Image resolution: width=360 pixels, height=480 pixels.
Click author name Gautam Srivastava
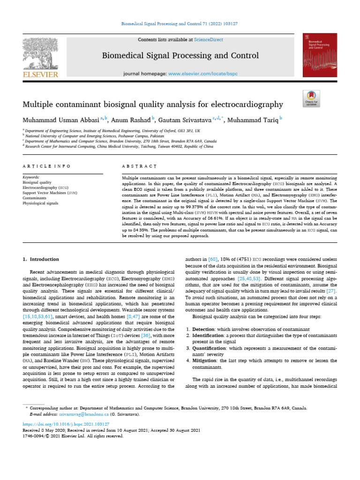pos(185,120)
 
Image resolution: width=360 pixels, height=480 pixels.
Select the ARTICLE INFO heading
pos(46,166)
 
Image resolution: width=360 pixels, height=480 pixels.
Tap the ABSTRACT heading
pos(139,166)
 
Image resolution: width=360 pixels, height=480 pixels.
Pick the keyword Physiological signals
pos(41,203)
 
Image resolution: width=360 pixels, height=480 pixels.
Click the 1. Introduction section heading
pos(41,259)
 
